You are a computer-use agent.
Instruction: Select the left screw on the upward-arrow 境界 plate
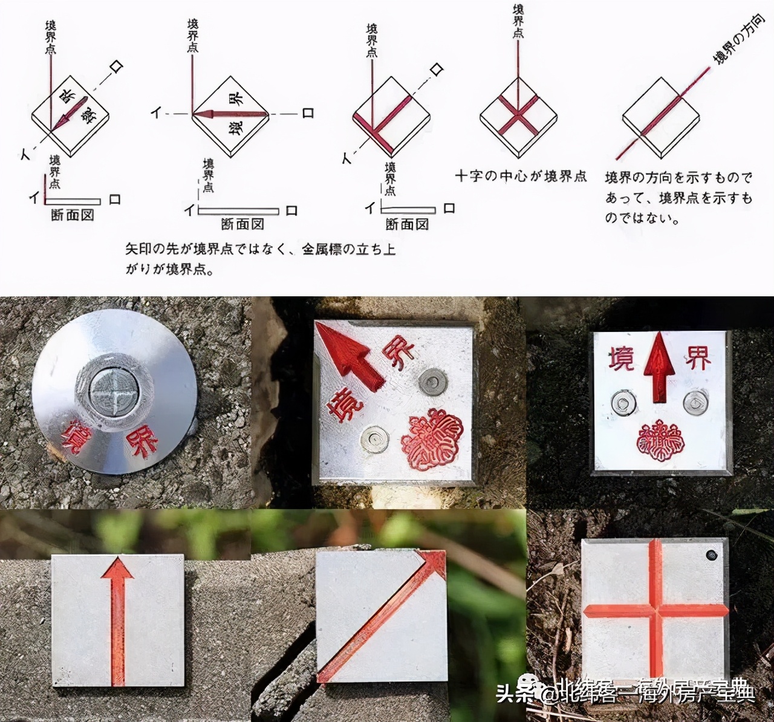click(x=623, y=403)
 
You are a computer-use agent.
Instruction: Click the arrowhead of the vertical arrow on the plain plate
click(x=117, y=570)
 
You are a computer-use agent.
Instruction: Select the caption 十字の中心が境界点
click(x=521, y=176)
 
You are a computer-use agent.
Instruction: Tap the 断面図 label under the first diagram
click(x=73, y=215)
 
